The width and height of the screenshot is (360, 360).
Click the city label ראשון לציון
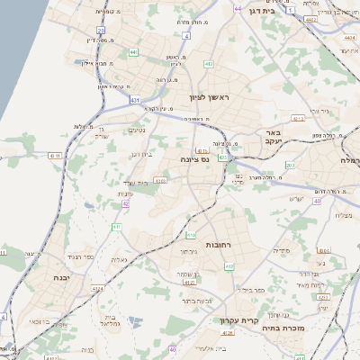tap(211, 97)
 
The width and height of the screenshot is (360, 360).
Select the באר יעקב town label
tap(275, 137)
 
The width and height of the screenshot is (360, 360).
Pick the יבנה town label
tap(63, 278)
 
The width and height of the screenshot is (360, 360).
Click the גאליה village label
tap(118, 259)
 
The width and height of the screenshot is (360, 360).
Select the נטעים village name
tap(137, 130)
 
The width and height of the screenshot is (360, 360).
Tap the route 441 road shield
tap(133, 53)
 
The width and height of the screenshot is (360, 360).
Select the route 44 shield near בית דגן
tap(238, 9)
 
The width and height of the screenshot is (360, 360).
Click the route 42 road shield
tap(125, 205)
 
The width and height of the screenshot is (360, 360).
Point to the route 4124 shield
tap(98, 289)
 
